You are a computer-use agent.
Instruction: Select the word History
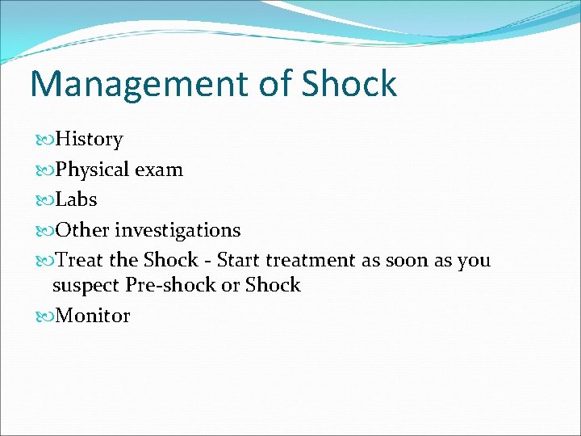pyautogui.click(x=89, y=140)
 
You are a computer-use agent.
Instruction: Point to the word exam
pyautogui.click(x=159, y=170)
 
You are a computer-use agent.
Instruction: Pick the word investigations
pyautogui.click(x=178, y=231)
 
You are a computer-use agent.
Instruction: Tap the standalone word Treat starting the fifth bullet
pyautogui.click(x=83, y=260)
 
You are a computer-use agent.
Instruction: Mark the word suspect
pyautogui.click(x=86, y=286)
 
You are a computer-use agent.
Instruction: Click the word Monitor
pyautogui.click(x=93, y=316)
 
